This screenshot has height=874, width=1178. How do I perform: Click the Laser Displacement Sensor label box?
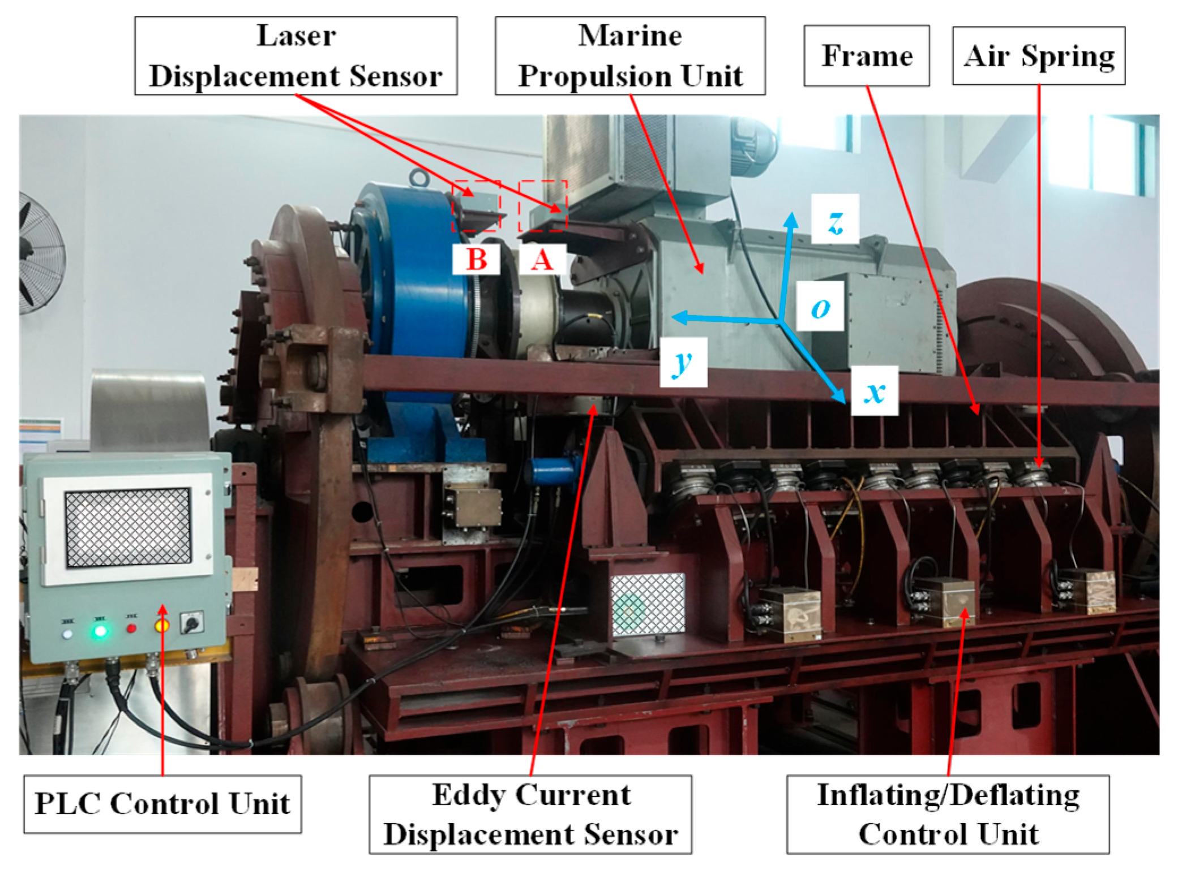pos(295,55)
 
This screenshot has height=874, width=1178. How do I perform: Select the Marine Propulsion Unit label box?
pos(629,55)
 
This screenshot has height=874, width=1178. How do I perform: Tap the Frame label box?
pos(866,55)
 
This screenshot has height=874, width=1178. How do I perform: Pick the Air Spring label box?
pos(1038,55)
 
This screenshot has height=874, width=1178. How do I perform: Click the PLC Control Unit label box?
pos(162,803)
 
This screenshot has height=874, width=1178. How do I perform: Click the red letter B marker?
pos(476,260)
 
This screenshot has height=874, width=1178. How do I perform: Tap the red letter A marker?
pos(542,260)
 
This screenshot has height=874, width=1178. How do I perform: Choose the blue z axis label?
pos(835,219)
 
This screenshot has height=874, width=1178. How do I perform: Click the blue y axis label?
pos(683,362)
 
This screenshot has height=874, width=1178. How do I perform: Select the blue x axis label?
pos(875,391)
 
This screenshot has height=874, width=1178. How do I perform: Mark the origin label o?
pos(820,307)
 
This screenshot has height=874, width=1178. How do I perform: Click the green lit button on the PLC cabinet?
pos(100,630)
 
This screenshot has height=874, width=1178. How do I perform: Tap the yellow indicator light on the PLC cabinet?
pos(162,625)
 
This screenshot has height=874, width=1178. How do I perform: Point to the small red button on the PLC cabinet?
pos(131,628)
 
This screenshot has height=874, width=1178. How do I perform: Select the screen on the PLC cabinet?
pos(128,527)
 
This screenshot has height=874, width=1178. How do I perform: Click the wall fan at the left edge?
pos(40,252)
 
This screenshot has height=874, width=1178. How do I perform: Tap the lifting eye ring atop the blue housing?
pos(418,178)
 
